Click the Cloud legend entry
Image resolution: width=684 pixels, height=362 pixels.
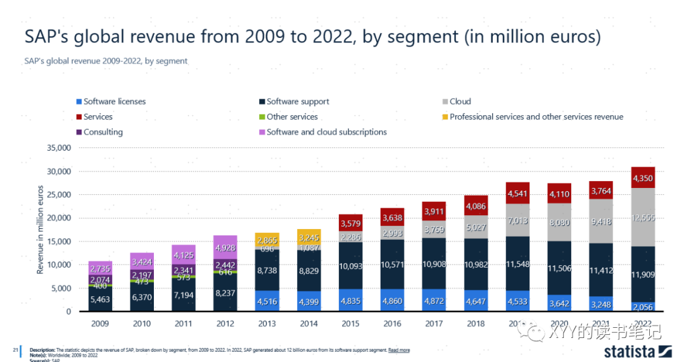coord(460,101)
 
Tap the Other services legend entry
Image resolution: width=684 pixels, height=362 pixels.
coord(292,117)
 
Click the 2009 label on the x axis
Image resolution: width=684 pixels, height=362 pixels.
coord(100,323)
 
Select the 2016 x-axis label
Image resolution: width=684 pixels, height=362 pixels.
coord(393,323)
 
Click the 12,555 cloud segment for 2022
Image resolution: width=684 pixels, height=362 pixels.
coord(643,218)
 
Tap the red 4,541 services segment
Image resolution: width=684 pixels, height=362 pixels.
coord(517,194)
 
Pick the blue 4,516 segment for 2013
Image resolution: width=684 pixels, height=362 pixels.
coord(268,301)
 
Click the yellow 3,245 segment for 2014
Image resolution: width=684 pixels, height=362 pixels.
coord(310,239)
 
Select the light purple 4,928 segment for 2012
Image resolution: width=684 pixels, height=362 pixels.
coord(226,248)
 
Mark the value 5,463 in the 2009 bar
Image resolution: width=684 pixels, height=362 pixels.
coord(100,300)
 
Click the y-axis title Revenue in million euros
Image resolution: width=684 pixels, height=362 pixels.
coord(40,229)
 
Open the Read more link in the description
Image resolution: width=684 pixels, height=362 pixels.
coord(399,350)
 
